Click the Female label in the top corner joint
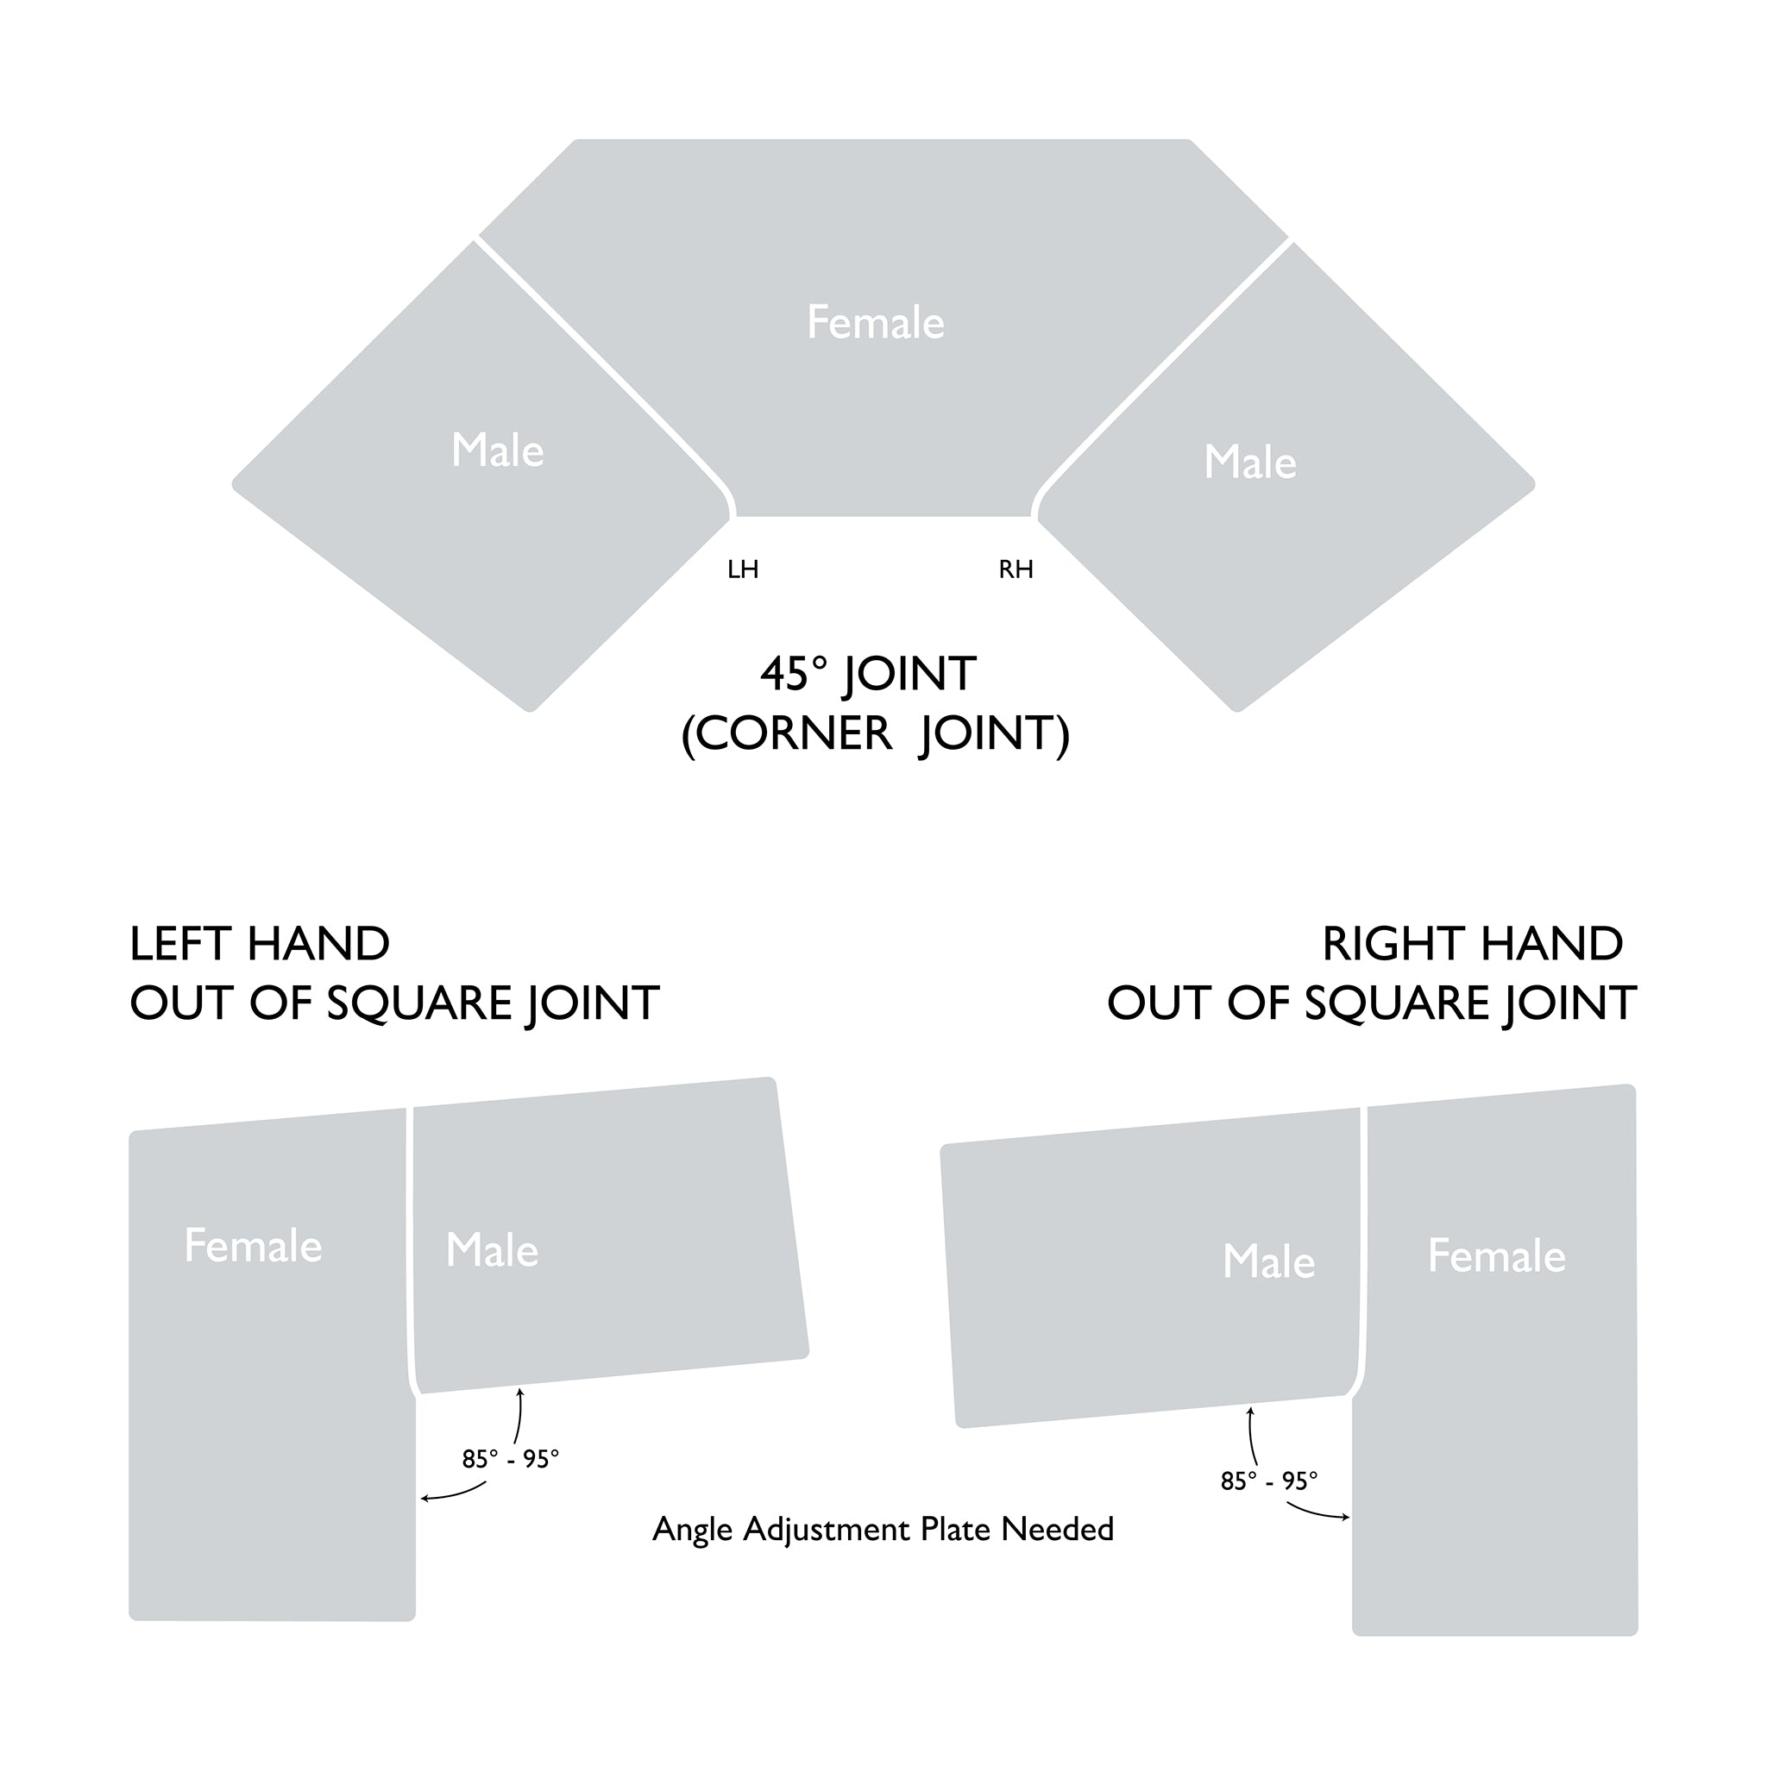pyautogui.click(x=875, y=323)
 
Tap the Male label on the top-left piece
pyautogui.click(x=498, y=451)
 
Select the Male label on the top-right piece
pyautogui.click(x=1250, y=462)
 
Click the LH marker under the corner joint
pyautogui.click(x=743, y=569)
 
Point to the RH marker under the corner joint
pyautogui.click(x=1016, y=569)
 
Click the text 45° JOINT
pyautogui.click(x=868, y=674)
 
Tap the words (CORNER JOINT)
pyautogui.click(x=875, y=733)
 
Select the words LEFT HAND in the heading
pyautogui.click(x=260, y=944)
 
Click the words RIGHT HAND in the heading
pyautogui.click(x=1473, y=944)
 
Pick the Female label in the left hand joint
pyautogui.click(x=254, y=1246)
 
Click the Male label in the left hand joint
pyautogui.click(x=492, y=1250)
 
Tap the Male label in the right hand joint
pyautogui.click(x=1268, y=1262)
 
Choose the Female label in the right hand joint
pyautogui.click(x=1496, y=1256)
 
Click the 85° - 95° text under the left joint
pyautogui.click(x=511, y=1460)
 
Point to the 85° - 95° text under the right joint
pyautogui.click(x=1269, y=1481)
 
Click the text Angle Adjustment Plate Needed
pyautogui.click(x=883, y=1529)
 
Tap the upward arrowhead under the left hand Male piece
pyautogui.click(x=520, y=1393)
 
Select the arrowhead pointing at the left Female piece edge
pyautogui.click(x=425, y=1498)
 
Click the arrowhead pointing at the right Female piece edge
pyautogui.click(x=1344, y=1519)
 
